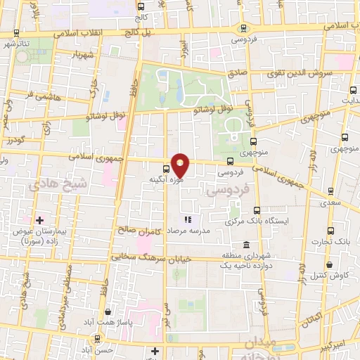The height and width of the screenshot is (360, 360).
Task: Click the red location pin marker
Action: coord(181,165)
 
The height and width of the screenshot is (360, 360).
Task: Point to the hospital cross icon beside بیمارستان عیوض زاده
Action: coord(39,221)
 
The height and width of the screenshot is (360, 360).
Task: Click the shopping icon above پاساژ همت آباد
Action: coord(107,311)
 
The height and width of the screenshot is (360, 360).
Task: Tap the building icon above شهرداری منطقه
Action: coord(245,245)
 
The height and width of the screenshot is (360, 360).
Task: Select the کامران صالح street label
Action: coord(141,230)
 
